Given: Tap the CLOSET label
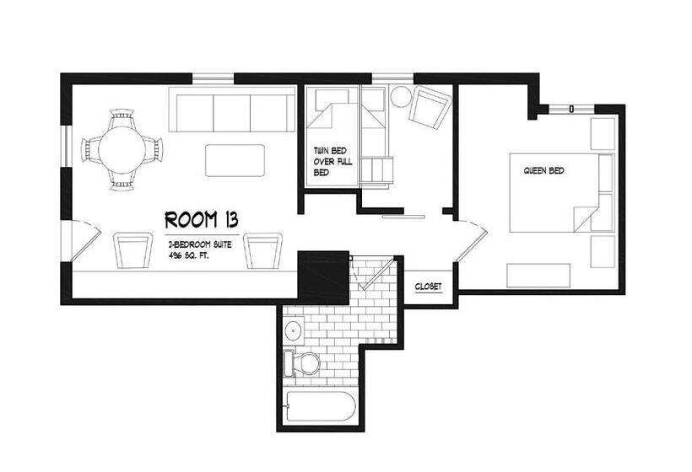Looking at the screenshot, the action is click(x=428, y=287).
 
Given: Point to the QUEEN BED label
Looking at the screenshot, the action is click(x=543, y=170).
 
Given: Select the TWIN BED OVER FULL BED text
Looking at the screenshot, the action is click(x=333, y=161).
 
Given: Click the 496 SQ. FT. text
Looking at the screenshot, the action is click(x=188, y=255).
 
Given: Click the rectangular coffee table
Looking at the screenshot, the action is click(x=235, y=160).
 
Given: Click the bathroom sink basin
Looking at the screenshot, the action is click(x=293, y=329).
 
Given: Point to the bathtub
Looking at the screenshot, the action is click(x=321, y=406).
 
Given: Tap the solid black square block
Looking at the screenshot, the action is click(x=324, y=276).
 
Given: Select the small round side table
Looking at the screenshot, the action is click(x=401, y=97).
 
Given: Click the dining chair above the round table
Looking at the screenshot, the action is click(x=122, y=118).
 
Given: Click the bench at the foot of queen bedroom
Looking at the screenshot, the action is click(x=538, y=276).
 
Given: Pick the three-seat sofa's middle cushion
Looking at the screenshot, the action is click(x=232, y=112).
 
